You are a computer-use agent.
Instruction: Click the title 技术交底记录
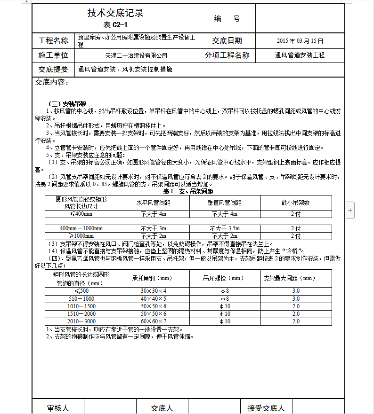(x=115, y=13)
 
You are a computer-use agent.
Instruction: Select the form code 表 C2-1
(x=115, y=25)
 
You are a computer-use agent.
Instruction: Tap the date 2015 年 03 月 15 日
(x=300, y=41)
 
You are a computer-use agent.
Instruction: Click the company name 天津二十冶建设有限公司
(x=137, y=55)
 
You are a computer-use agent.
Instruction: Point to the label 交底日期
(x=227, y=41)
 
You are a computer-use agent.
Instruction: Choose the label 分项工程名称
(x=227, y=55)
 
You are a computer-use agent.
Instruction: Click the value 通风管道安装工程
(x=300, y=55)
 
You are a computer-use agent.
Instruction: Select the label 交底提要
(x=53, y=69)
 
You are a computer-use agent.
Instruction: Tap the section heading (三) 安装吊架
(x=67, y=104)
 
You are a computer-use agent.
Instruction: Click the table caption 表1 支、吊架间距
(x=188, y=191)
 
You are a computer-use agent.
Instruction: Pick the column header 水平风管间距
(x=154, y=203)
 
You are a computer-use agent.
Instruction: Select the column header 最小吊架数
(x=295, y=203)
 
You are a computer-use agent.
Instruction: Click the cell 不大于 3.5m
(x=224, y=228)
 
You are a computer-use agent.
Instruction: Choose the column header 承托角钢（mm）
(x=154, y=278)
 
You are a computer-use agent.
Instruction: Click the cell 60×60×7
(x=154, y=321)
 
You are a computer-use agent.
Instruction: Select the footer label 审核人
(x=58, y=408)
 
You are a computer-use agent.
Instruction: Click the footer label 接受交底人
(x=266, y=408)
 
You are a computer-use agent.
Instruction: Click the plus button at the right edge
(x=350, y=211)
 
